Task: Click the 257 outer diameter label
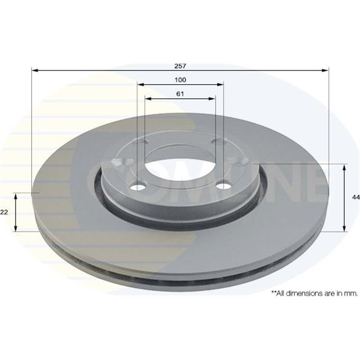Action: pos(180,66)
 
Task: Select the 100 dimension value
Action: pos(180,80)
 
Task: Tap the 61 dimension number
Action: pos(180,94)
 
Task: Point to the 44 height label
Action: pos(355,198)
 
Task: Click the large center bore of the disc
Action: pos(180,166)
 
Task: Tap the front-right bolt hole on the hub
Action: pos(220,185)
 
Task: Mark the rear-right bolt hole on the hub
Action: pos(219,143)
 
